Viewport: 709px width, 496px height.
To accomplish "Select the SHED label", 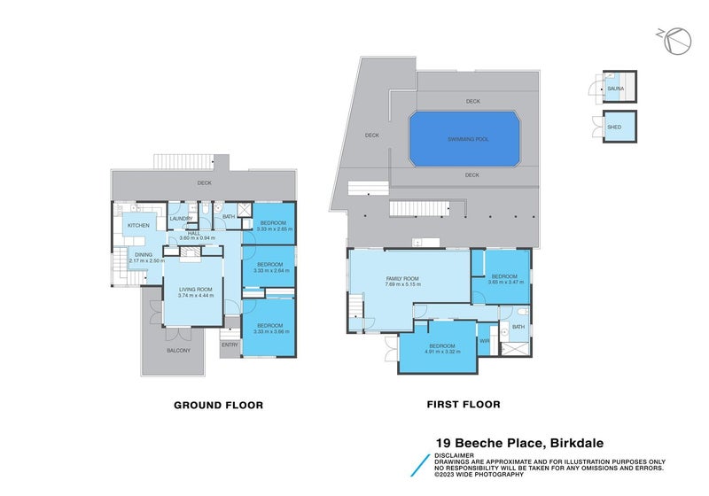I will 613,127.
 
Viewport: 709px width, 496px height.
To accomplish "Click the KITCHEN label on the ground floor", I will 138,226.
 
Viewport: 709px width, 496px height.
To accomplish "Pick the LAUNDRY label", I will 181,219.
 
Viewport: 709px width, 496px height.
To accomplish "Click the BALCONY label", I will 177,351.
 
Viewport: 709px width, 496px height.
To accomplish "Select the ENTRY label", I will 230,345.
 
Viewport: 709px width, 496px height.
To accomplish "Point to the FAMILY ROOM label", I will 401,278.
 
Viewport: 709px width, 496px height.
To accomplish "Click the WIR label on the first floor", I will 485,340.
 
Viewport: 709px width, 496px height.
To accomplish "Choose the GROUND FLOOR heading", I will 218,405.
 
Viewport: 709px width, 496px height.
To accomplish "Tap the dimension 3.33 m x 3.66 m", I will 269,332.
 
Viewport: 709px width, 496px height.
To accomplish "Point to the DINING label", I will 143,255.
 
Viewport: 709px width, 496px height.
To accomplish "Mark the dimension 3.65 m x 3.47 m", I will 503,283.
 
